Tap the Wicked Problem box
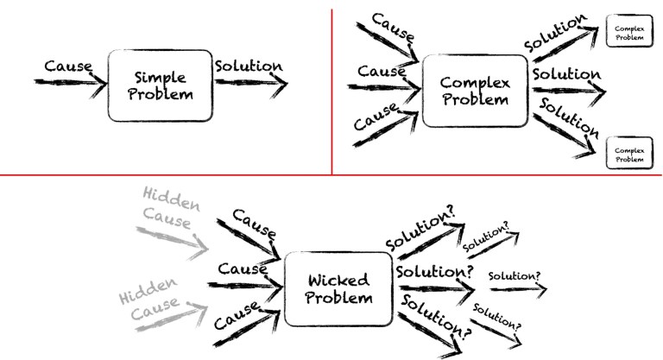338,289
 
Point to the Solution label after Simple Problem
248,66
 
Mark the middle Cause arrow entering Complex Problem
384,87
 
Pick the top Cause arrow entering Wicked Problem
246,237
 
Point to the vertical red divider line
332,86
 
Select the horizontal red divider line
331,175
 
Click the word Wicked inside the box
338,281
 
